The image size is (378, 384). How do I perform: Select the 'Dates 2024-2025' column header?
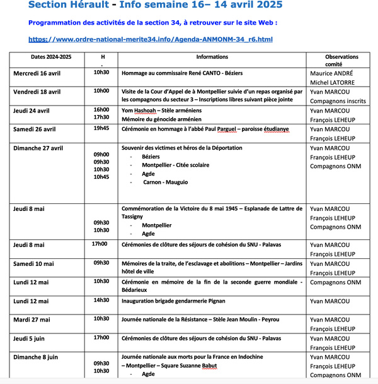[52, 57]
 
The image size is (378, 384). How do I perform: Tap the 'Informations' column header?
[212, 57]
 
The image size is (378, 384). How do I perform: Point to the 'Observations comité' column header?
[333, 60]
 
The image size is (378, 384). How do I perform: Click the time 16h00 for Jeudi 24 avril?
[101, 109]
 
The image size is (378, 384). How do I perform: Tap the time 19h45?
[101, 128]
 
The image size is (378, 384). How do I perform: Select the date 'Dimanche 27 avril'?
[38, 148]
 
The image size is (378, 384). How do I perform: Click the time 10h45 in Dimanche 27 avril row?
[101, 177]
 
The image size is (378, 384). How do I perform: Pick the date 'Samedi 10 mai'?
[34, 263]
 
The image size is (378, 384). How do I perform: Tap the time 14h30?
[101, 301]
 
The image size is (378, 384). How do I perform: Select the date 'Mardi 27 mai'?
[33, 319]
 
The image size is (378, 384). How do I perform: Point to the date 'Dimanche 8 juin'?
[35, 357]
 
